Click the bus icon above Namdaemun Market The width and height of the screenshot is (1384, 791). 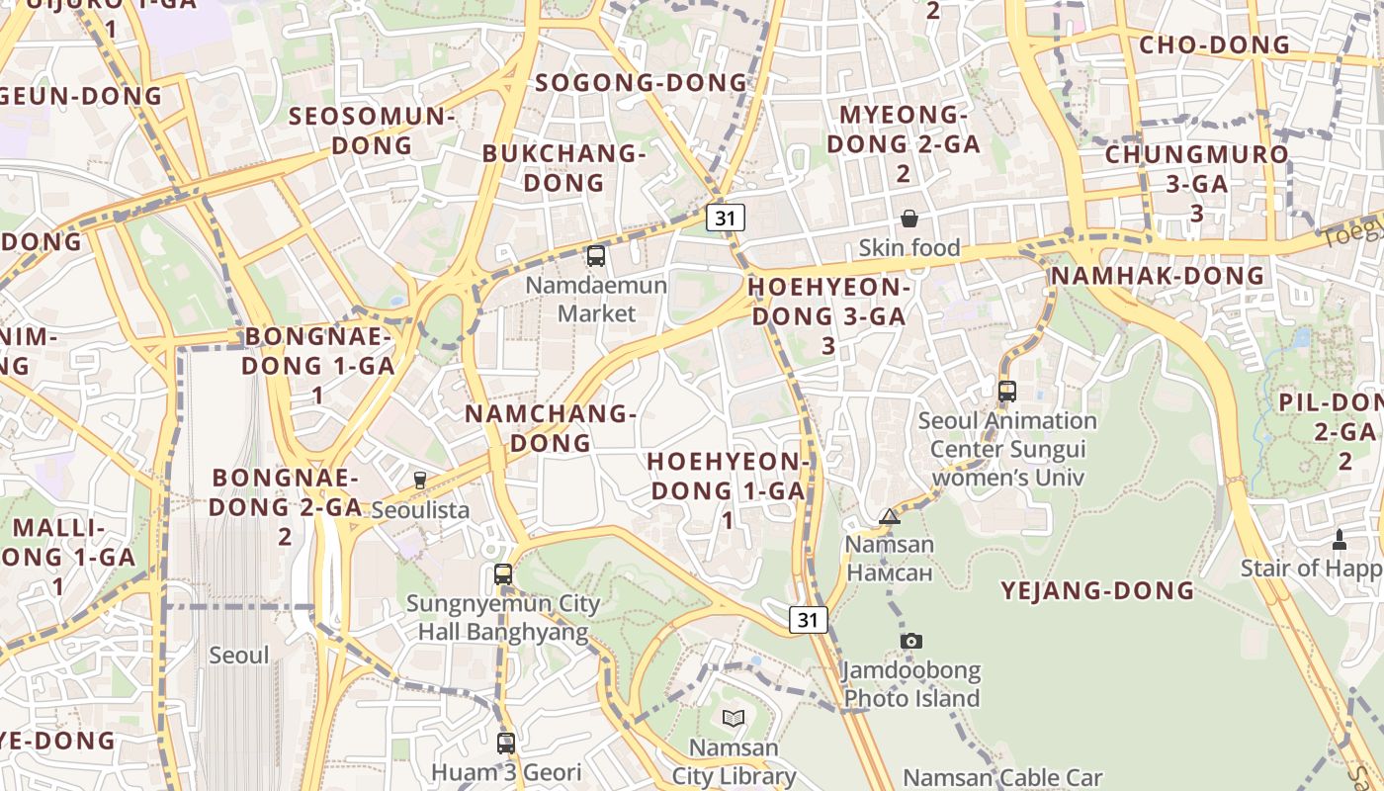click(596, 256)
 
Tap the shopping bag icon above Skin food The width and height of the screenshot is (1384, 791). click(909, 219)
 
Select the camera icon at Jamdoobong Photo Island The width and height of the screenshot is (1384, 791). click(911, 642)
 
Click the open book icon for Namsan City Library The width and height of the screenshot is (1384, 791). click(733, 718)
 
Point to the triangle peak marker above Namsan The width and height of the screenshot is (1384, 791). click(890, 516)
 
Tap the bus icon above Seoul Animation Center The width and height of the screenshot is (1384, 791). click(1007, 391)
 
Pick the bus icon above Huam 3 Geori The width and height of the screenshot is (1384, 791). click(506, 743)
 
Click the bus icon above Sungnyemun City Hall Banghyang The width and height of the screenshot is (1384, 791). click(503, 573)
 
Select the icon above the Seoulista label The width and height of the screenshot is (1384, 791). click(420, 481)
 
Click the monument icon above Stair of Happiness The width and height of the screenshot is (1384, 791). click(1340, 540)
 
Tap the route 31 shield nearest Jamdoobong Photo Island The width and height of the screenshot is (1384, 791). click(809, 620)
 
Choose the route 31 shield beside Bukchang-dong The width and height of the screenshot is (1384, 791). click(726, 218)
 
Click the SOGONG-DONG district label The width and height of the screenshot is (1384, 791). click(642, 82)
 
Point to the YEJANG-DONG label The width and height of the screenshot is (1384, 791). click(1097, 591)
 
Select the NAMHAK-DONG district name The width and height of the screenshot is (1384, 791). click(1158, 275)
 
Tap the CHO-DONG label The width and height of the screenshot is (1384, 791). click(1215, 44)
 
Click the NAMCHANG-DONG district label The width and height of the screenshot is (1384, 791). click(551, 428)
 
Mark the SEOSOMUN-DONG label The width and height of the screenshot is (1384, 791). click(372, 131)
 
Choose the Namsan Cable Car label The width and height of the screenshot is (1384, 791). click(1003, 777)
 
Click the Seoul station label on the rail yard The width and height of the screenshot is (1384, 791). click(239, 655)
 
